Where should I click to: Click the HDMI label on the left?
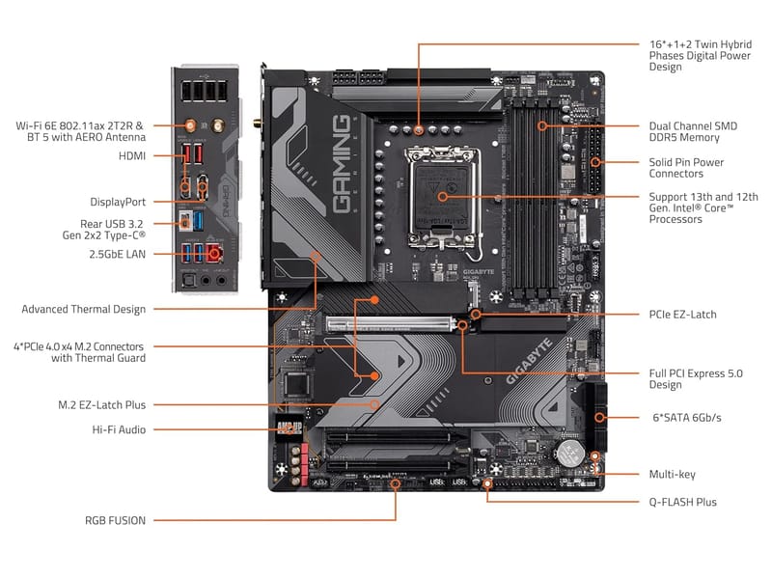click(x=132, y=155)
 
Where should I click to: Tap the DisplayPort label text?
click(x=118, y=202)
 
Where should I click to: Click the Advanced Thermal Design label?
click(x=84, y=309)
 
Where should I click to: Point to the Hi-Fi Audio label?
click(x=119, y=429)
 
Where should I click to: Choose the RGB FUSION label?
click(x=115, y=520)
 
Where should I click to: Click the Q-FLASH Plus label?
click(x=682, y=502)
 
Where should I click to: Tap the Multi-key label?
click(x=673, y=474)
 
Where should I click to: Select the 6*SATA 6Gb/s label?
click(x=686, y=417)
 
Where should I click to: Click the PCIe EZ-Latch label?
click(x=683, y=315)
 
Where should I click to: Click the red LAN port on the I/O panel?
click(x=213, y=253)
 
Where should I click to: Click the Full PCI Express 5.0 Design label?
click(x=693, y=378)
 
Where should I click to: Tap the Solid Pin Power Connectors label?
click(x=686, y=168)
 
